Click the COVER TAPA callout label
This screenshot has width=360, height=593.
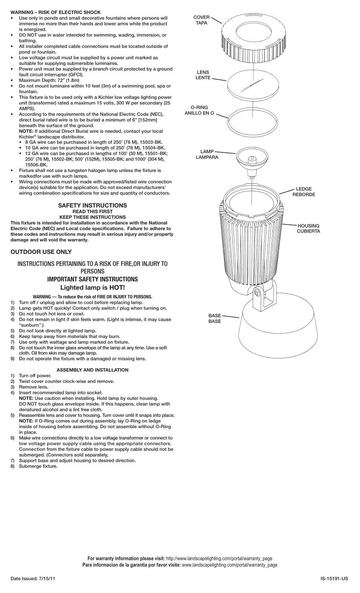[201, 20]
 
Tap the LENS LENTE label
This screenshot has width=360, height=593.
[203, 75]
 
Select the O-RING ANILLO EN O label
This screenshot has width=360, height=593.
[199, 110]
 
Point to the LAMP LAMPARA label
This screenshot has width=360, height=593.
[207, 154]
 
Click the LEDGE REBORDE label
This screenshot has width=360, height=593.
[304, 192]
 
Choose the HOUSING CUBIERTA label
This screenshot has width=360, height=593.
[308, 228]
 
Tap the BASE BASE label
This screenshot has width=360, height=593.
[215, 318]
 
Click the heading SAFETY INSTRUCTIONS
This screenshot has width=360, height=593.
[92, 205]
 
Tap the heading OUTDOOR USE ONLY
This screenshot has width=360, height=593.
[41, 252]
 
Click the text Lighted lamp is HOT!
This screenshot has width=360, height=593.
[92, 288]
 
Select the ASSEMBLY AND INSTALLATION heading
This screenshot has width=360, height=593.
[92, 370]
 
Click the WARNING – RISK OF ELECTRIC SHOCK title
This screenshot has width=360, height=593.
[55, 12]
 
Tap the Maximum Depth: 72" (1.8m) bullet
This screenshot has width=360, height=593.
[49, 80]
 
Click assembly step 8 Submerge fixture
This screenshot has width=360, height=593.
[38, 466]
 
